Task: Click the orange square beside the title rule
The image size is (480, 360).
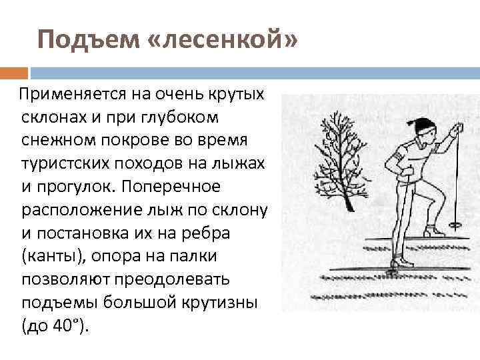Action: [x=14, y=72]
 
